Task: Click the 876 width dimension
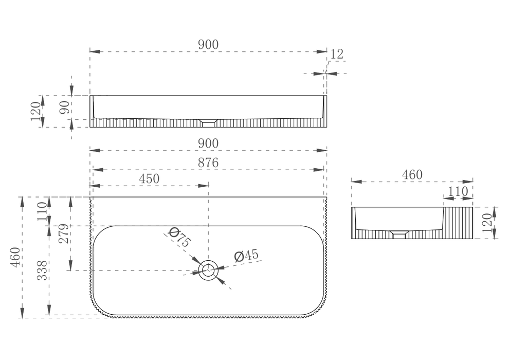pyautogui.click(x=208, y=163)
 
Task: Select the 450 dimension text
pyautogui.click(x=149, y=178)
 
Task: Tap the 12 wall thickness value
pyautogui.click(x=337, y=54)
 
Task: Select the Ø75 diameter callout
pyautogui.click(x=179, y=240)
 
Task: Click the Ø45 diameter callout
pyautogui.click(x=246, y=256)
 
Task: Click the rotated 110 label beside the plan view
pyautogui.click(x=43, y=211)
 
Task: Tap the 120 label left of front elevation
pyautogui.click(x=35, y=111)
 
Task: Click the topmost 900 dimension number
pyautogui.click(x=208, y=45)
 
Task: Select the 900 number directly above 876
pyautogui.click(x=208, y=143)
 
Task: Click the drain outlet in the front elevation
pyautogui.click(x=208, y=122)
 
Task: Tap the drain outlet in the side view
pyautogui.click(x=399, y=235)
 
